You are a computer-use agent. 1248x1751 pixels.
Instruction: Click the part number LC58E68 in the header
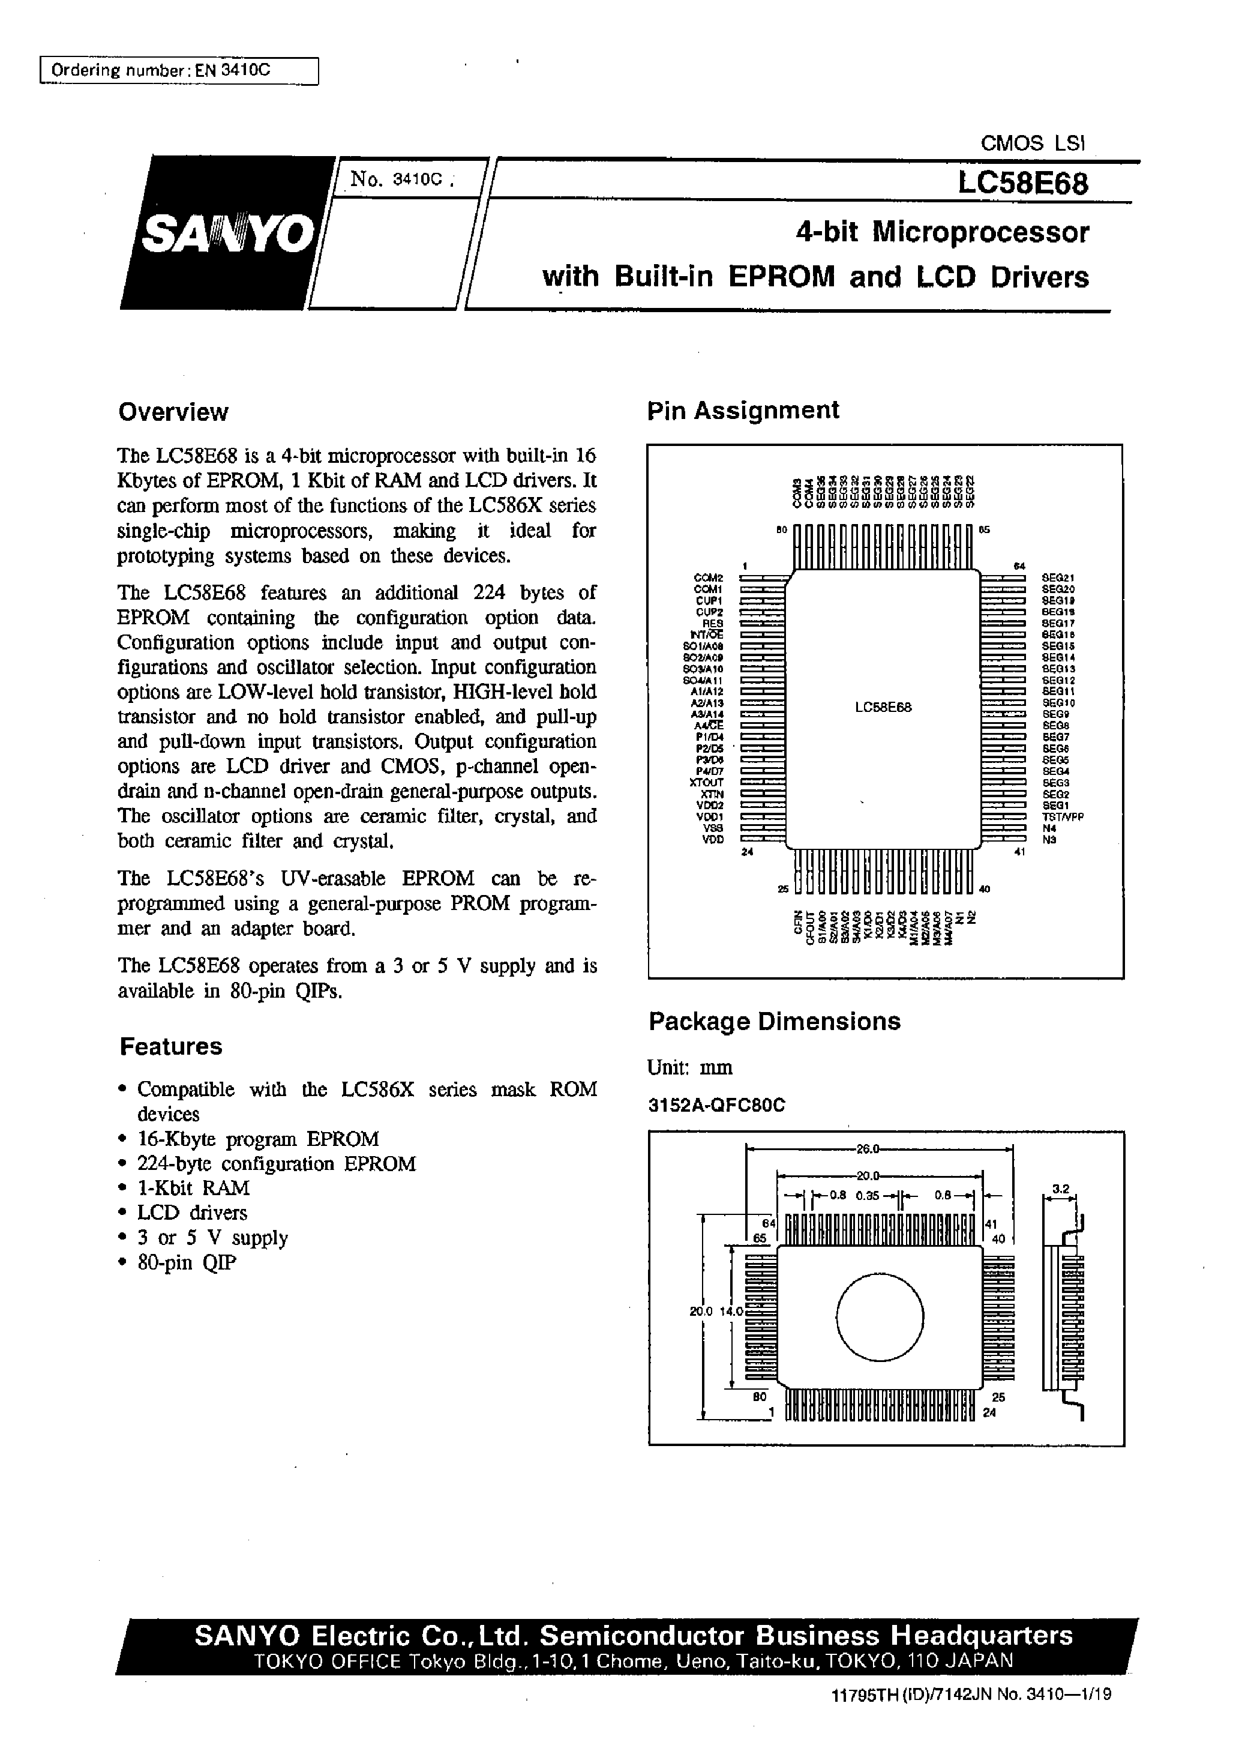click(x=1022, y=184)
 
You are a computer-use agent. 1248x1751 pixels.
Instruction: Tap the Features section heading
click(x=170, y=1046)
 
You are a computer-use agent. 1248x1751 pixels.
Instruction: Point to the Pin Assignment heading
click(x=742, y=410)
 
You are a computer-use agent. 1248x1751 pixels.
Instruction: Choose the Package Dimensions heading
click(x=775, y=1021)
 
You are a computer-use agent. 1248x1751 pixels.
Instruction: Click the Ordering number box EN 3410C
click(x=178, y=71)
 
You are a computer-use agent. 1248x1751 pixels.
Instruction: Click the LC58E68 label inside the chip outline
click(x=883, y=707)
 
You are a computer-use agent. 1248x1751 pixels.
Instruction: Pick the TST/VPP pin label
click(x=1063, y=816)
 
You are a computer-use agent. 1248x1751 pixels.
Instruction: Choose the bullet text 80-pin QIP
click(x=187, y=1262)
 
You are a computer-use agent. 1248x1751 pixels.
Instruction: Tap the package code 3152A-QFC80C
click(x=716, y=1105)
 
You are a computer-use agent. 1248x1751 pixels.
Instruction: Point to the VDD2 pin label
click(x=709, y=805)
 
